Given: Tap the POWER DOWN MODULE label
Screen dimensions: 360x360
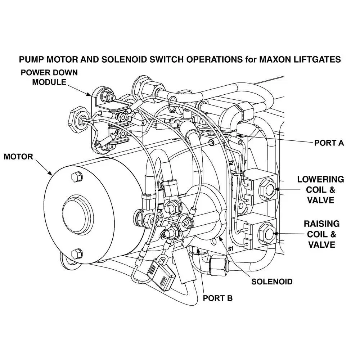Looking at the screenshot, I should (49, 77).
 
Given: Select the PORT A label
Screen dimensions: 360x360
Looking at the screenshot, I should (329, 143).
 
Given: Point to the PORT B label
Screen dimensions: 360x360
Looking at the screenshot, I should (218, 298).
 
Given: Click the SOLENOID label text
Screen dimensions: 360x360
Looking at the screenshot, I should (272, 281).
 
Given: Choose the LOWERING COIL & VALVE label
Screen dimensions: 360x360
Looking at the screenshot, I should (320, 189).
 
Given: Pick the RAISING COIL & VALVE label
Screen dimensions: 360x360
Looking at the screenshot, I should (321, 234).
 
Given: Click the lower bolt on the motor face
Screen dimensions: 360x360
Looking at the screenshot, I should (76, 254).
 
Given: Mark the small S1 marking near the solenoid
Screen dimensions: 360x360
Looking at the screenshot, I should (231, 249).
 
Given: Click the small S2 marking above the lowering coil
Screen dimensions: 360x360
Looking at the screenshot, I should (231, 163).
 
